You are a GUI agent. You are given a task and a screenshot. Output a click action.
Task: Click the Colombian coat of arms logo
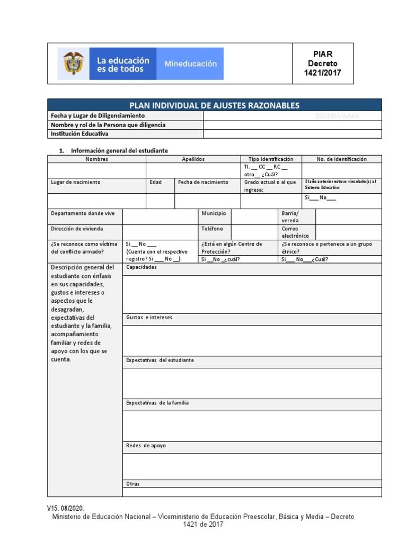(x=74, y=64)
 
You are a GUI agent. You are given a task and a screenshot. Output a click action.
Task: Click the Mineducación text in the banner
(x=190, y=64)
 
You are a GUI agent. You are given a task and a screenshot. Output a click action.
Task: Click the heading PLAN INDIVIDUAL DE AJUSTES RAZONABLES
(x=214, y=105)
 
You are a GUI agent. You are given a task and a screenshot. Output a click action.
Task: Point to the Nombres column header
(x=96, y=159)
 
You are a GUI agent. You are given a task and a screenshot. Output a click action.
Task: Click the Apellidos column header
(x=193, y=159)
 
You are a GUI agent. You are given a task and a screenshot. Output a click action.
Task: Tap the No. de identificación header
(x=341, y=159)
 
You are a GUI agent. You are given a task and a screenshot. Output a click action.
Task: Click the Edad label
(x=156, y=182)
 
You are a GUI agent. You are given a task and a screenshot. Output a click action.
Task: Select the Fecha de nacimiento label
(x=203, y=182)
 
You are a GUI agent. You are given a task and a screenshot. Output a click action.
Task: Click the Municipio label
(x=214, y=213)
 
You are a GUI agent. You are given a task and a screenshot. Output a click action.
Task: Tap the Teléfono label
(x=212, y=229)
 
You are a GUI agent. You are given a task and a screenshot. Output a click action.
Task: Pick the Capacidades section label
(x=141, y=267)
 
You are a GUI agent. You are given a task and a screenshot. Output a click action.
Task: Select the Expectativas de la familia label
(x=157, y=403)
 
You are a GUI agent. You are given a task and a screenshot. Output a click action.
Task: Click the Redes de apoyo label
(x=146, y=446)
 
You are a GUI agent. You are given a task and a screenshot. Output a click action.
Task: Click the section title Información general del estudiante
(x=119, y=150)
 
